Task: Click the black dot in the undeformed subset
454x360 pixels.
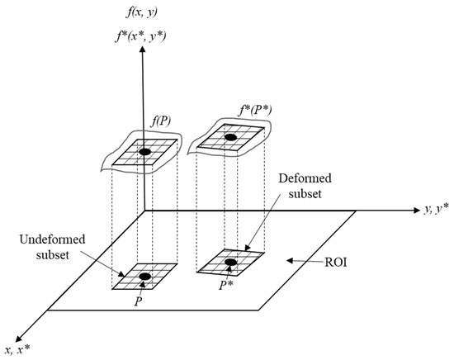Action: coord(145,276)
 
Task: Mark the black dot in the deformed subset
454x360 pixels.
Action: coord(231,263)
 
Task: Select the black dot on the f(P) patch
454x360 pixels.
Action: coord(144,152)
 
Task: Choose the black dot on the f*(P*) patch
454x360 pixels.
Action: coord(231,137)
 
